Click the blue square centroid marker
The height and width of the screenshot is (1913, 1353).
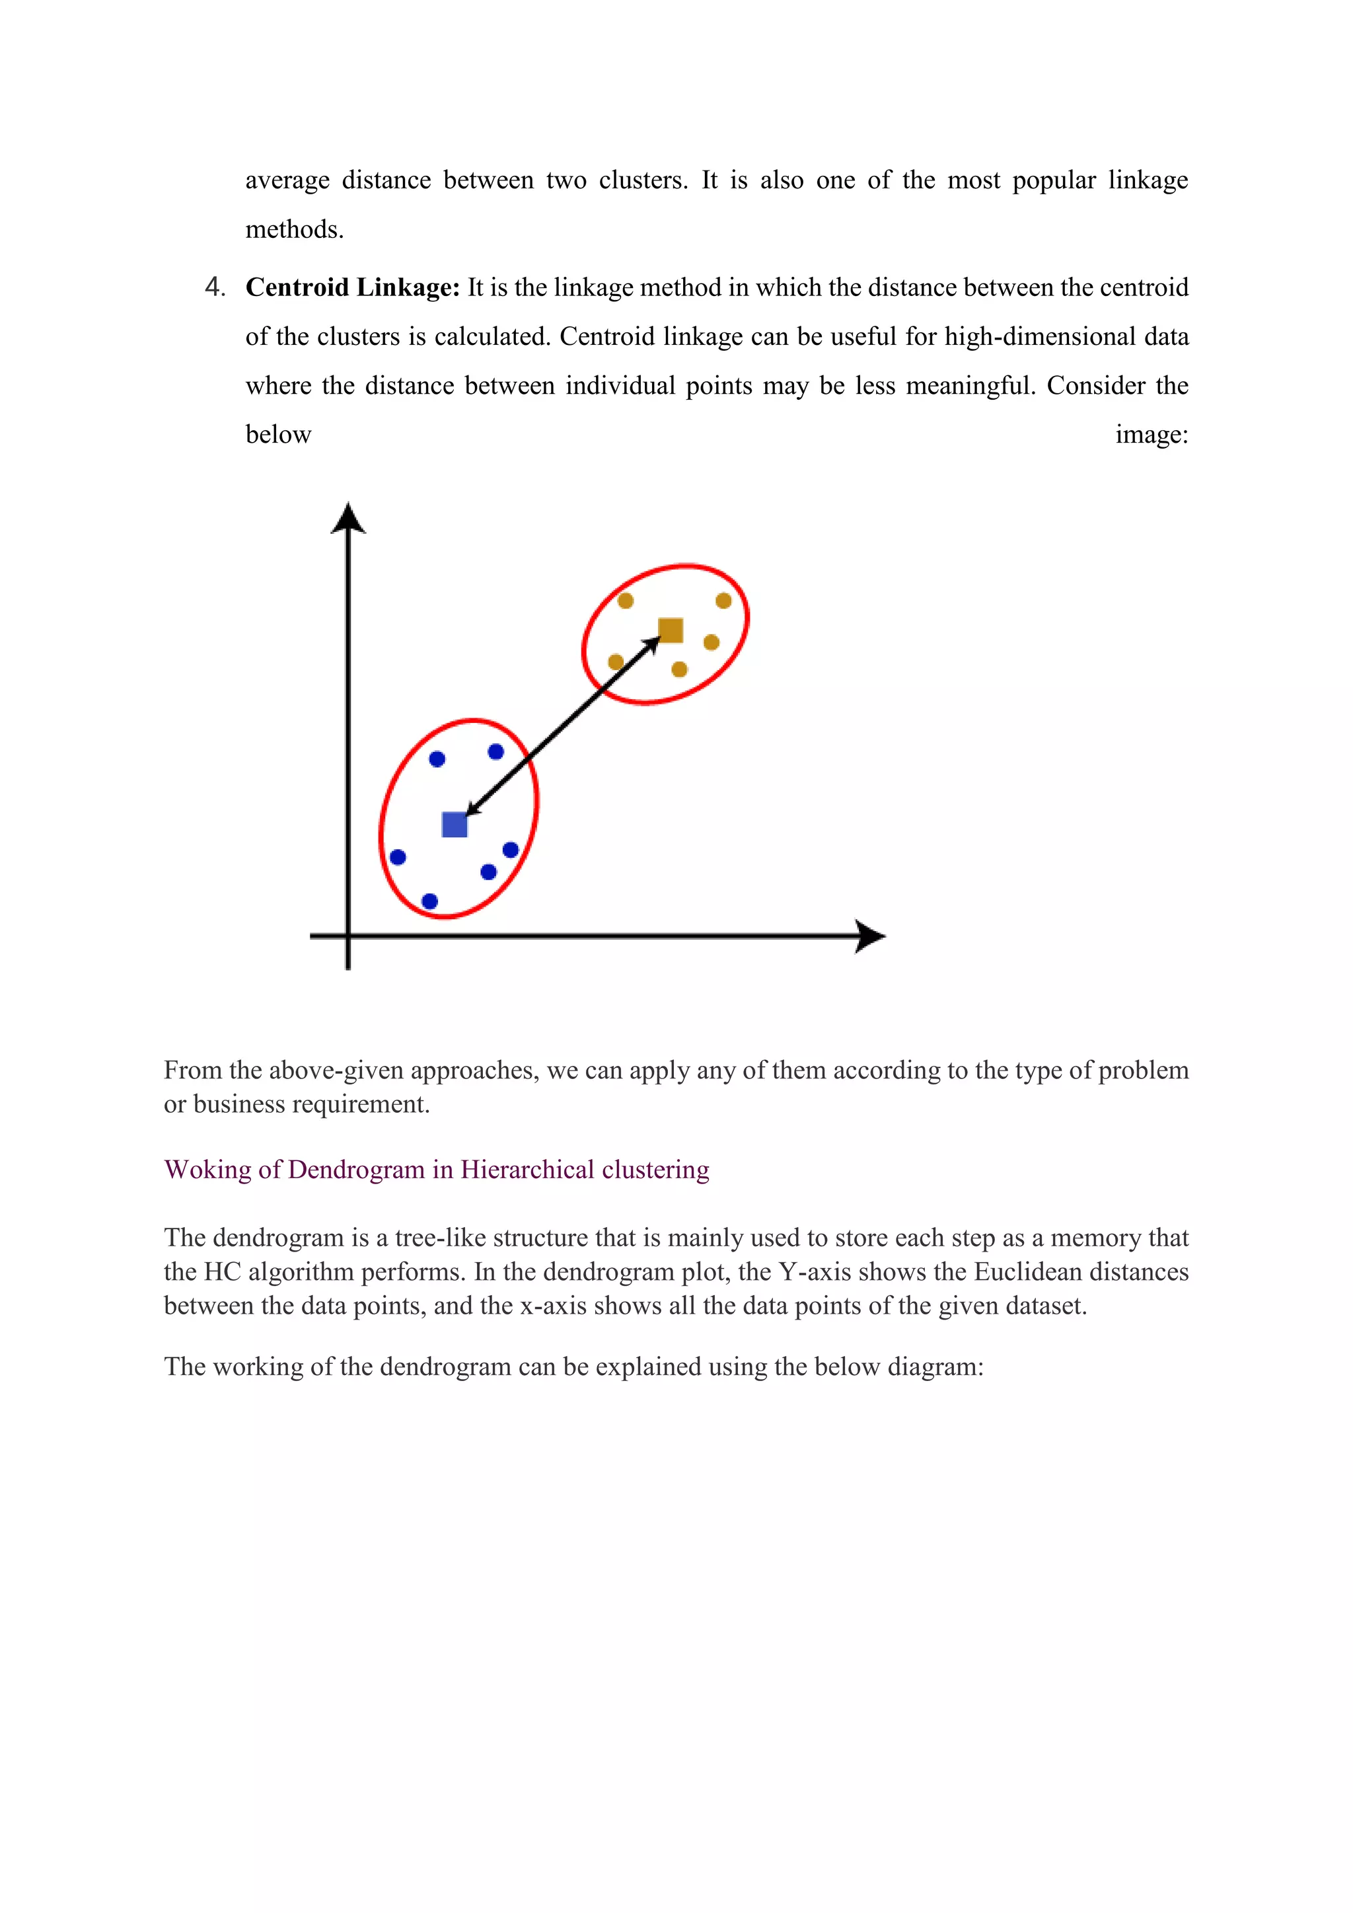[x=454, y=825]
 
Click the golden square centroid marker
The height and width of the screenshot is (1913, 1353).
[x=671, y=630]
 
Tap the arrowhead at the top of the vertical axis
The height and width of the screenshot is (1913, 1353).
[x=348, y=517]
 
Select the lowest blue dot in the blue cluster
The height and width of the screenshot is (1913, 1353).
[x=430, y=901]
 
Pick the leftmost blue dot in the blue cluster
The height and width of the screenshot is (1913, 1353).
[x=398, y=857]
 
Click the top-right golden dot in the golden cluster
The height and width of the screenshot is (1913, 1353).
[x=723, y=601]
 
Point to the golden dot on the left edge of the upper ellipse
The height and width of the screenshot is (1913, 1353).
[x=616, y=662]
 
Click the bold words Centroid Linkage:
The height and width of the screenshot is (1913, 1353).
[x=352, y=287]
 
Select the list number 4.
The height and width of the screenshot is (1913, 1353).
[x=214, y=287]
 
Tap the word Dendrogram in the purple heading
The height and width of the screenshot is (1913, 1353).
[x=355, y=1170]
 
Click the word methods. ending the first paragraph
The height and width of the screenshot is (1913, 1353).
[x=294, y=230]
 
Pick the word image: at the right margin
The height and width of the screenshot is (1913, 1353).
[x=1152, y=435]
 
